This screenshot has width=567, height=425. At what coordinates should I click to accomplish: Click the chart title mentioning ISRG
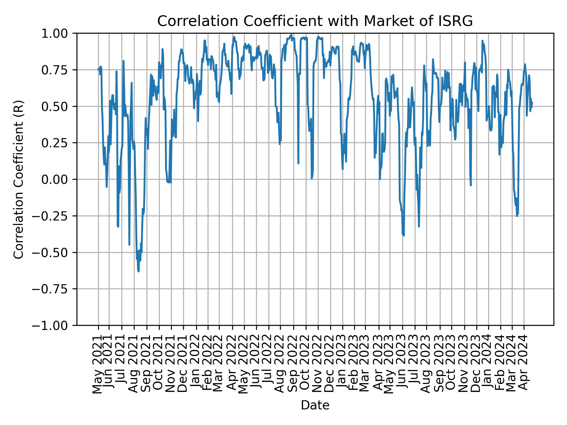click(x=315, y=21)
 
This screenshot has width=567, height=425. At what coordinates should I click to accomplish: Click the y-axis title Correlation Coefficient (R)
click(x=19, y=179)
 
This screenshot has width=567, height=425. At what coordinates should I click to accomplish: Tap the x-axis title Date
click(x=315, y=405)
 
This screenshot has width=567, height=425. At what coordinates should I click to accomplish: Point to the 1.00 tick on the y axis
click(x=58, y=33)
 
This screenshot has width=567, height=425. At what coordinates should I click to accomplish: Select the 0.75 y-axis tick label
click(x=58, y=70)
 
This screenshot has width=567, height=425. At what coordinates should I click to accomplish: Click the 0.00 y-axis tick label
click(x=58, y=179)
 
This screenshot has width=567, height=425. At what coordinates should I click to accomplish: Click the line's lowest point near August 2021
click(x=139, y=271)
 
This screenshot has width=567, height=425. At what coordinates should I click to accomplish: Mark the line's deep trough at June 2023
click(x=404, y=236)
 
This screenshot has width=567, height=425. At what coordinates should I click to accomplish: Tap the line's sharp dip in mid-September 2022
click(x=299, y=163)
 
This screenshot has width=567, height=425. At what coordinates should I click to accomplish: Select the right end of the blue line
click(x=532, y=102)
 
